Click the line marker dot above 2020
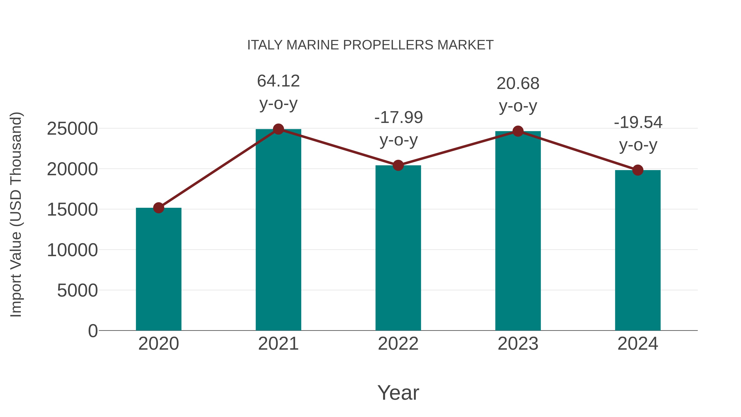coord(158,208)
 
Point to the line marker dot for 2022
coord(398,166)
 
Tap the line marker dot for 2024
coord(638,170)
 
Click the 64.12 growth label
coord(278,81)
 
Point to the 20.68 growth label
coord(518,84)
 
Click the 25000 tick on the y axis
coord(72,129)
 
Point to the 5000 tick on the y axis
coord(77,290)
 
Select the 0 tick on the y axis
coord(93,331)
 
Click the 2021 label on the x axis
coord(278,344)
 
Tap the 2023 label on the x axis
coord(518,344)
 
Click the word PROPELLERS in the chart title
coord(388,45)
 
